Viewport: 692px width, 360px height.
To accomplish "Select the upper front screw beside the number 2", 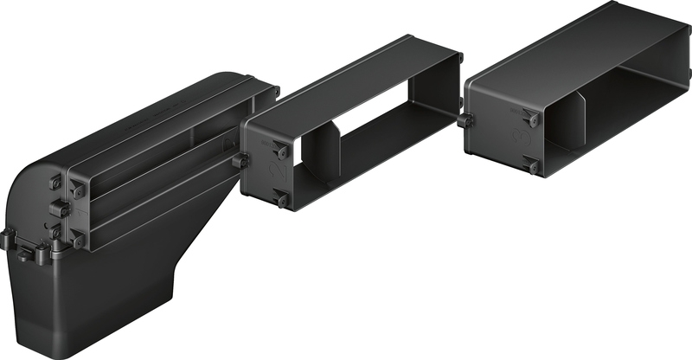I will pos(279,148).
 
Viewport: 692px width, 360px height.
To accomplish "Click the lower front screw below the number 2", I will pos(280,200).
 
